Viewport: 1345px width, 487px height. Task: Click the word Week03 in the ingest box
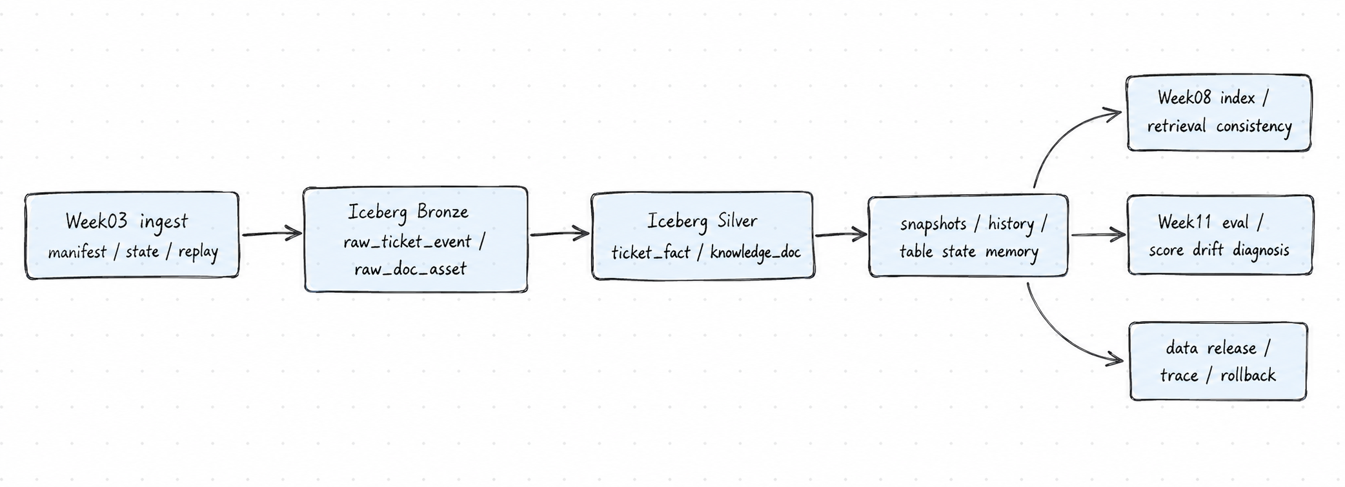[x=96, y=222]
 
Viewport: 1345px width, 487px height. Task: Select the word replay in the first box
[x=198, y=252]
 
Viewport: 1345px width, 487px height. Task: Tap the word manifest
[x=77, y=252]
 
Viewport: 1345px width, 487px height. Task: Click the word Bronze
[x=443, y=212]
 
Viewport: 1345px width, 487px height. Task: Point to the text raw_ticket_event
[x=407, y=242]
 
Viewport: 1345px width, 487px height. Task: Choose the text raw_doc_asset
[x=410, y=269]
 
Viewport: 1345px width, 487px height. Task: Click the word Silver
[x=738, y=221]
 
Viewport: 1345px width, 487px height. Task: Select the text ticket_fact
[x=651, y=252]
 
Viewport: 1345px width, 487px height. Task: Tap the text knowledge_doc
[x=756, y=252]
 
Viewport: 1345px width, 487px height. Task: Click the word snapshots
[x=933, y=224]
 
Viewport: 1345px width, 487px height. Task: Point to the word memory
[x=1012, y=252]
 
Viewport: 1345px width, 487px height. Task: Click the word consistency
[x=1254, y=126]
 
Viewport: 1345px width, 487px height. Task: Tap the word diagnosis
[x=1261, y=250]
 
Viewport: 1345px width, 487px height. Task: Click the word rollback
[x=1248, y=375]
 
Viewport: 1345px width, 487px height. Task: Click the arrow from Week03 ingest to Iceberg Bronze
[x=272, y=234]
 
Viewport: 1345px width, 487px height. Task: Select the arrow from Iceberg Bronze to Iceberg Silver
[x=560, y=234]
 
